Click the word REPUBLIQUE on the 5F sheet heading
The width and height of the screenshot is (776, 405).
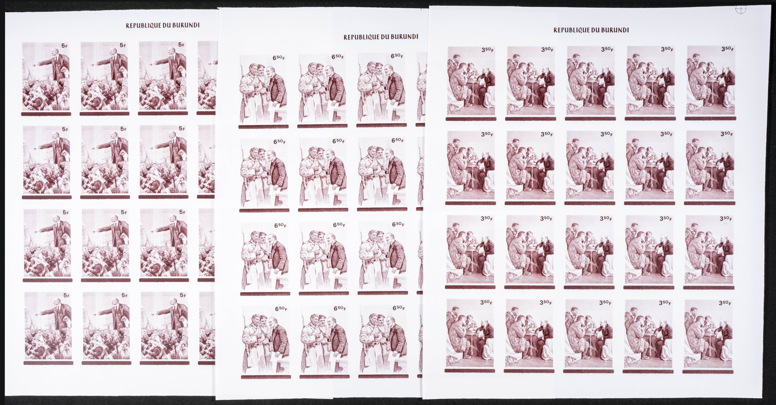pyautogui.click(x=143, y=26)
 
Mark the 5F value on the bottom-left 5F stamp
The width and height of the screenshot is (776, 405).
pyautogui.click(x=66, y=295)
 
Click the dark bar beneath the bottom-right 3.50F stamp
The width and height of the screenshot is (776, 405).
pyautogui.click(x=708, y=372)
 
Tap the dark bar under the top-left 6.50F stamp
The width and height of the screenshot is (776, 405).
pyautogui.click(x=263, y=127)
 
